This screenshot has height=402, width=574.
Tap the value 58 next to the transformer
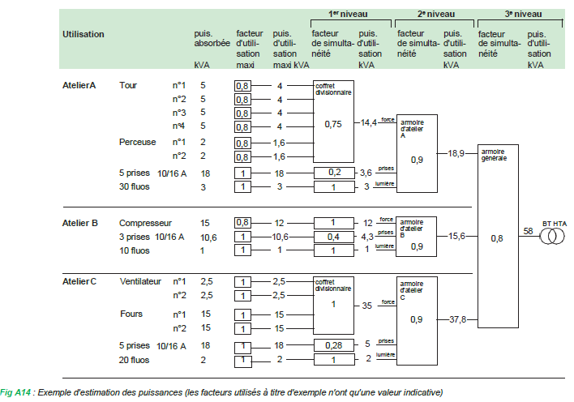527,232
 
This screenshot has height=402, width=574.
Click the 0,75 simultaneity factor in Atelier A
333,124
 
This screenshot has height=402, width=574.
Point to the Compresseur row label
146,222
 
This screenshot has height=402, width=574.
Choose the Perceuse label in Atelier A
137,142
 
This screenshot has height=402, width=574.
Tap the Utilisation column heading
83,35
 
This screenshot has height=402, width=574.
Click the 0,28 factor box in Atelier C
333,345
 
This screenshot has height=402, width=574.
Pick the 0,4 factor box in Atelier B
333,237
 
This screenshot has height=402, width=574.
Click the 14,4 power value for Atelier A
369,122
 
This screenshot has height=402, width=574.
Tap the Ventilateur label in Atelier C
140,281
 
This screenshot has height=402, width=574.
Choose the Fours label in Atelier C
131,314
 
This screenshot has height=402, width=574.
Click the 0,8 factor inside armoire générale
498,239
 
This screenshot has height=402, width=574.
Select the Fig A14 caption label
16,392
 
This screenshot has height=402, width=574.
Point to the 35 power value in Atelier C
366,306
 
